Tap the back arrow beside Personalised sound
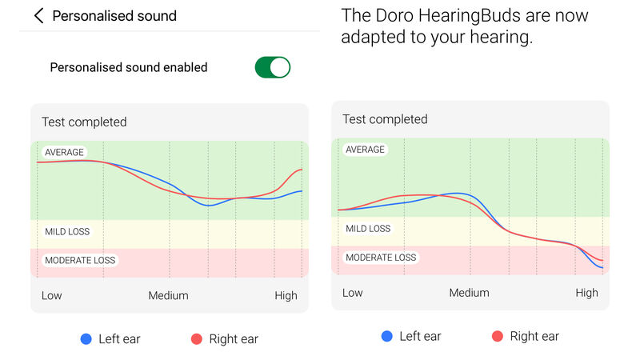click(x=38, y=16)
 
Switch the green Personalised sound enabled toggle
click(x=272, y=67)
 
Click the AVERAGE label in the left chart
click(x=64, y=152)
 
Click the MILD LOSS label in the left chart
click(x=67, y=232)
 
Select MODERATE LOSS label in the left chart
click(x=80, y=260)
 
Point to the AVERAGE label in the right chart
click(x=365, y=150)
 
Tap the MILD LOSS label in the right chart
click(x=368, y=229)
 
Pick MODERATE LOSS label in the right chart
click(x=381, y=258)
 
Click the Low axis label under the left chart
click(x=52, y=295)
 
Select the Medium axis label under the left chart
click(x=168, y=295)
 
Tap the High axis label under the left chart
click(x=286, y=295)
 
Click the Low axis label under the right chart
click(x=353, y=293)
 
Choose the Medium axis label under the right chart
click(x=469, y=293)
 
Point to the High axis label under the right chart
click(x=586, y=293)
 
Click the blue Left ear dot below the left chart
click(x=86, y=339)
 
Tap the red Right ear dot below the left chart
click(x=197, y=339)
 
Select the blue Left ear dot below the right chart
click(x=387, y=336)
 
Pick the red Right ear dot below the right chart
click(x=498, y=336)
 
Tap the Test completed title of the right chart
click(x=385, y=119)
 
